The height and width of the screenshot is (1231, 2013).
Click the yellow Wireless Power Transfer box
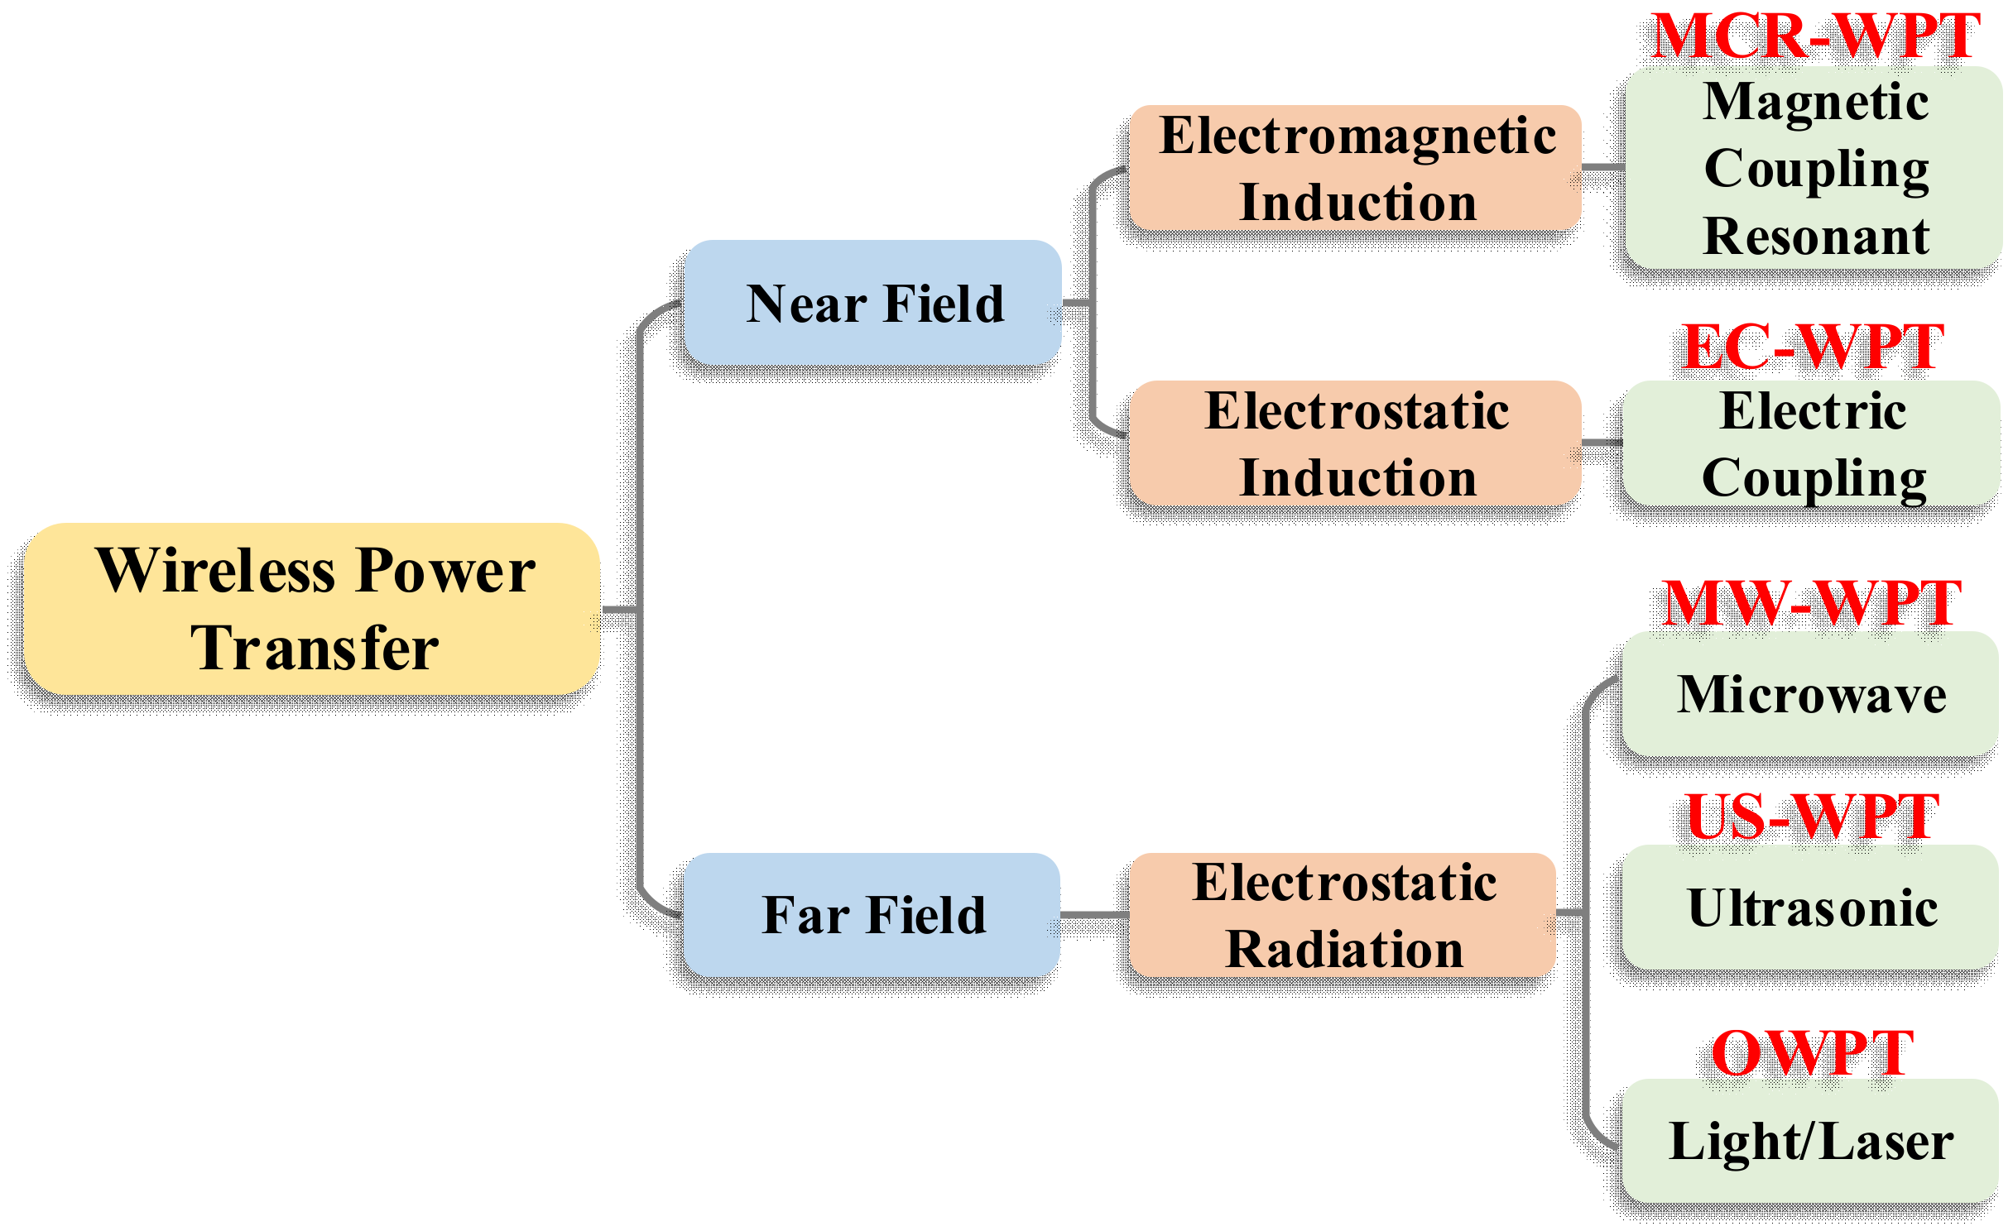312,608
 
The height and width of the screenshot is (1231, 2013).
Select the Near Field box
873,303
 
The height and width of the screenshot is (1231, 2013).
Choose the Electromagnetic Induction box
1356,168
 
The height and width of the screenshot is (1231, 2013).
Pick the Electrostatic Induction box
1356,443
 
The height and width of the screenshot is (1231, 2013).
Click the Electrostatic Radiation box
1343,914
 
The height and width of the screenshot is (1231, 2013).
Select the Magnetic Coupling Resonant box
1814,168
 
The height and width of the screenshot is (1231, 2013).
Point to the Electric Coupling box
1813,443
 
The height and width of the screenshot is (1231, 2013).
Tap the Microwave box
1811,693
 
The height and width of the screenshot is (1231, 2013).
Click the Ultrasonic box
1811,907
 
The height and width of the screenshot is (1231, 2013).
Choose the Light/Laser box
1811,1140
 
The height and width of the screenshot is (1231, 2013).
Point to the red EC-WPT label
1813,347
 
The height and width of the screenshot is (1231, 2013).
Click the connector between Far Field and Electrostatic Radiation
1094,914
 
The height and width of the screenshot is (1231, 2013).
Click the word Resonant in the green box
1816,237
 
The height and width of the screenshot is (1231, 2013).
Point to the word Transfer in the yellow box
315,648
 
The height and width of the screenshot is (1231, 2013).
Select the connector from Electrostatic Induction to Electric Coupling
1602,443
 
